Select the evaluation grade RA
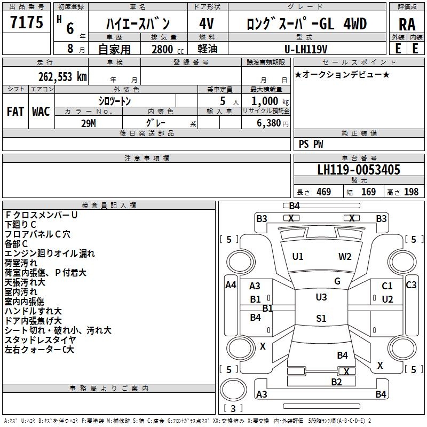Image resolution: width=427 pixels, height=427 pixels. [407, 25]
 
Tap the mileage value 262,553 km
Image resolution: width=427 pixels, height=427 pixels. [62, 76]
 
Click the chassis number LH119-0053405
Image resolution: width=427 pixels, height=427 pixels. [358, 170]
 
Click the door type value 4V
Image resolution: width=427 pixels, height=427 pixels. [207, 24]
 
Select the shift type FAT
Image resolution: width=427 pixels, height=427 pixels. [15, 112]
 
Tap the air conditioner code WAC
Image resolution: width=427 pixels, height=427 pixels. [41, 112]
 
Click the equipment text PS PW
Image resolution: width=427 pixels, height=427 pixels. [311, 144]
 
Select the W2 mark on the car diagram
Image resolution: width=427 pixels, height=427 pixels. [345, 256]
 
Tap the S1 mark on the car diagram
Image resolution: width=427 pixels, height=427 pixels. [321, 319]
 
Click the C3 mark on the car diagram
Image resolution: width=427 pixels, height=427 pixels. [411, 285]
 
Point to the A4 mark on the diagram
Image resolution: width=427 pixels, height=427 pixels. [231, 285]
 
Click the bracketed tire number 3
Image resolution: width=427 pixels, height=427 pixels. [233, 409]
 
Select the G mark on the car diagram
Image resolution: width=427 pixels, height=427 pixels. [337, 281]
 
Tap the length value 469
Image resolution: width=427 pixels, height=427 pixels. [323, 192]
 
